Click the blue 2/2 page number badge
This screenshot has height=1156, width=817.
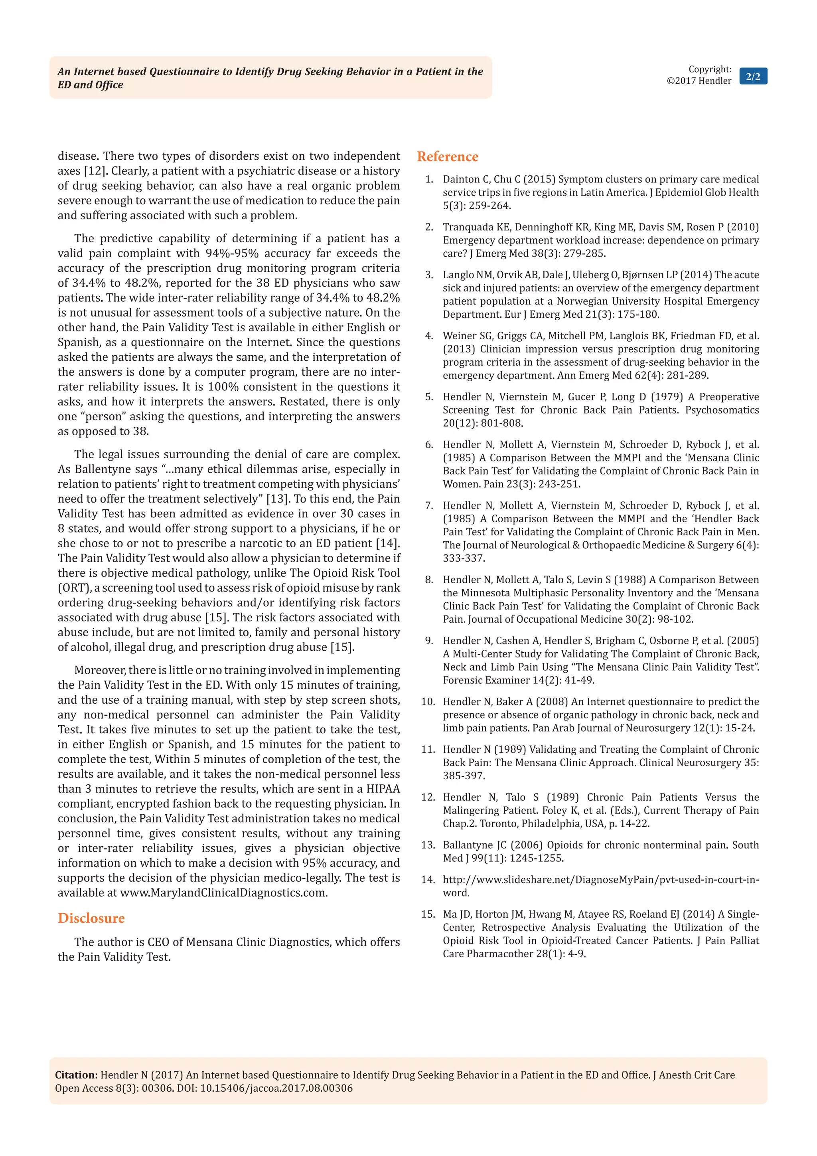tap(753, 77)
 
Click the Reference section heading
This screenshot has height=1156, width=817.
tap(447, 156)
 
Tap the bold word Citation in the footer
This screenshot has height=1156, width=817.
tap(76, 1075)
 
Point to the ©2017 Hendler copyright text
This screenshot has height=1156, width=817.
tap(699, 81)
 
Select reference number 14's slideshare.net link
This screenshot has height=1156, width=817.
tap(600, 880)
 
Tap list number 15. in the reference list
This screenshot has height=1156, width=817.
tap(428, 915)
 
